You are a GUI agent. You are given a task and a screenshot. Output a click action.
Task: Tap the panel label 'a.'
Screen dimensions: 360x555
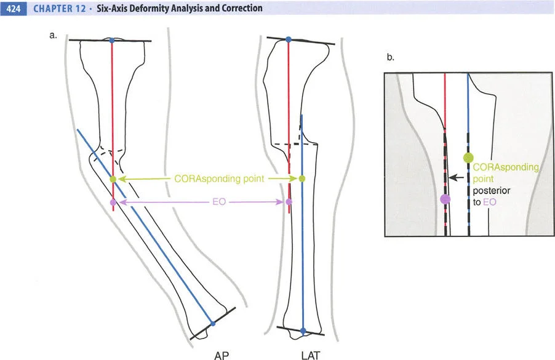point(54,35)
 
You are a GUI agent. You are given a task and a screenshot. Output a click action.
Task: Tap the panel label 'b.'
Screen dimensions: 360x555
point(390,58)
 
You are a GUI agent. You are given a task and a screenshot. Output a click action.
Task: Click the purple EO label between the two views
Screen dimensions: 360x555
point(204,201)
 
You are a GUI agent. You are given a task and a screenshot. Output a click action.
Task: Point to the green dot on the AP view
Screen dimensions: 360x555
point(113,179)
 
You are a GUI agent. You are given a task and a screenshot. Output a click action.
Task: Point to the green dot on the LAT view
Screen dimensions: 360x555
point(301,179)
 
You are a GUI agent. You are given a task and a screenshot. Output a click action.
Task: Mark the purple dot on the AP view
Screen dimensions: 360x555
point(113,202)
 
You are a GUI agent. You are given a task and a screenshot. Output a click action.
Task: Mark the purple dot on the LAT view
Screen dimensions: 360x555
point(290,201)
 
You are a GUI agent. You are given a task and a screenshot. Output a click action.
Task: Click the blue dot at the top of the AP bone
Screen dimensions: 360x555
point(111,41)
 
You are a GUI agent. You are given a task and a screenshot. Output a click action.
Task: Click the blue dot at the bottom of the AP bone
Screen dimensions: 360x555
point(212,323)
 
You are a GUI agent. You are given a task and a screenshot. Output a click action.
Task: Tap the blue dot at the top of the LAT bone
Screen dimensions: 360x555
point(289,40)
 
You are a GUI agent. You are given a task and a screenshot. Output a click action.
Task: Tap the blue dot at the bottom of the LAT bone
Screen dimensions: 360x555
point(303,331)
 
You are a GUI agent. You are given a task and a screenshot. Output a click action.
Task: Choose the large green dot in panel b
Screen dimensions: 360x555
point(468,157)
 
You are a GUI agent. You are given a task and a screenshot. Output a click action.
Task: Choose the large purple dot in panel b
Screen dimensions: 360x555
point(445,199)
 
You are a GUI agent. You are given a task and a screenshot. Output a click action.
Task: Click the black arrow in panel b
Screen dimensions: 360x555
point(455,177)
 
